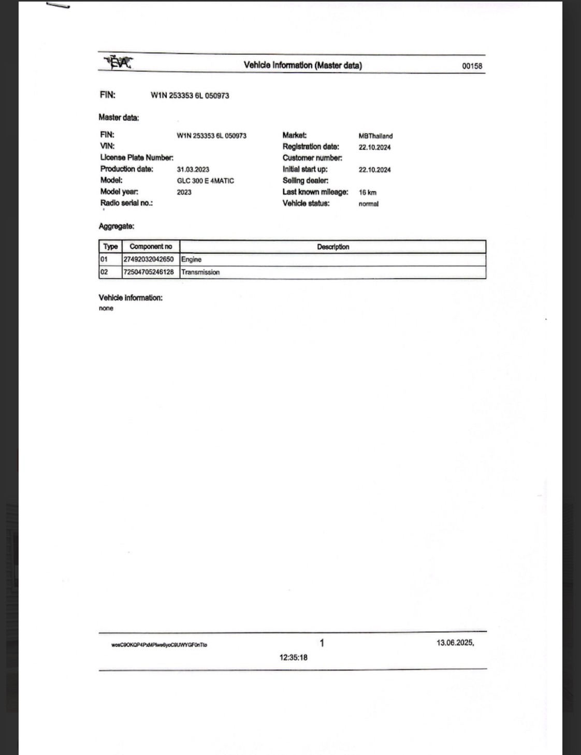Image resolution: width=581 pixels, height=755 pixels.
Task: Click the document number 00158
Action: click(472, 66)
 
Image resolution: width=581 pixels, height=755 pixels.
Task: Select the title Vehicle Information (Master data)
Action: click(303, 65)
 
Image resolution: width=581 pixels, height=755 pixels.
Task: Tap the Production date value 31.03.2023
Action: click(193, 169)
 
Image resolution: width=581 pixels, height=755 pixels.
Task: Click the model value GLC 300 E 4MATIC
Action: click(206, 181)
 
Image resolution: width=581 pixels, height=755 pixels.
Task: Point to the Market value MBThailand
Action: click(375, 136)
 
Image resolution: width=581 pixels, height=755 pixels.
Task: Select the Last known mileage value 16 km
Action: click(368, 192)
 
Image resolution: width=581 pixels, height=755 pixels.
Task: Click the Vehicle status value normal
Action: click(368, 204)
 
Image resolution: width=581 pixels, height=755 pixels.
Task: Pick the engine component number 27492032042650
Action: click(149, 259)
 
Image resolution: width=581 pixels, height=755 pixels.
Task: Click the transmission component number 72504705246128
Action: click(149, 272)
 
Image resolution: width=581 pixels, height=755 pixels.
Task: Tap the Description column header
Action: click(333, 246)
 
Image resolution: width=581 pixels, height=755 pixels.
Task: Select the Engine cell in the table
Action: click(191, 259)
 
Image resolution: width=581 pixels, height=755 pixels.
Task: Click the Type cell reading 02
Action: click(104, 272)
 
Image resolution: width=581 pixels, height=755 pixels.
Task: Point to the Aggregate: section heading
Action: click(117, 226)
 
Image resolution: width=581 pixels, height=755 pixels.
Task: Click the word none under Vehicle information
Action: click(106, 308)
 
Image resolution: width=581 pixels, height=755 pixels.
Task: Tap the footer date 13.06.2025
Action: click(455, 643)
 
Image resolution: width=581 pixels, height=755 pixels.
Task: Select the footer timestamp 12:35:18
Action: click(294, 658)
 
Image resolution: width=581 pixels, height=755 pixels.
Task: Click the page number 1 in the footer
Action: click(322, 643)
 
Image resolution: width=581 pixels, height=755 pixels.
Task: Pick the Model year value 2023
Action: click(184, 192)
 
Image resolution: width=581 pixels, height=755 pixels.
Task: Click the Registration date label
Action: click(311, 147)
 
